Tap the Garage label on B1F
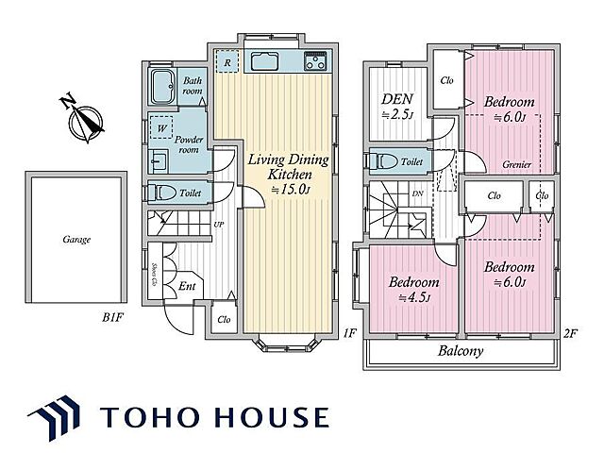pyautogui.click(x=76, y=240)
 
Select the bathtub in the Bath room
pyautogui.click(x=162, y=87)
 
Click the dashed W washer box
pyautogui.click(x=161, y=127)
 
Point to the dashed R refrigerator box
pyautogui.click(x=227, y=61)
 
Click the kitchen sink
pyautogui.click(x=264, y=61)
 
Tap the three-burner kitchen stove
pyautogui.click(x=315, y=60)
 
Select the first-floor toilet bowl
pyautogui.click(x=162, y=193)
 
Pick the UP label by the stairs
pyautogui.click(x=218, y=225)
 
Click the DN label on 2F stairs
pyautogui.click(x=417, y=193)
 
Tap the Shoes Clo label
pyautogui.click(x=154, y=275)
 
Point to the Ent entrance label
pyautogui.click(x=187, y=286)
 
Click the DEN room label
pyautogui.click(x=397, y=99)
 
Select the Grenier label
pyautogui.click(x=516, y=164)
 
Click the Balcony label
pyautogui.click(x=461, y=351)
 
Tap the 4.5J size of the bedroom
pyautogui.click(x=414, y=298)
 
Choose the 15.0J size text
pyautogui.click(x=291, y=189)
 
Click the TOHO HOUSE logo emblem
pyautogui.click(x=54, y=418)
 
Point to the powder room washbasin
pyautogui.click(x=159, y=159)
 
